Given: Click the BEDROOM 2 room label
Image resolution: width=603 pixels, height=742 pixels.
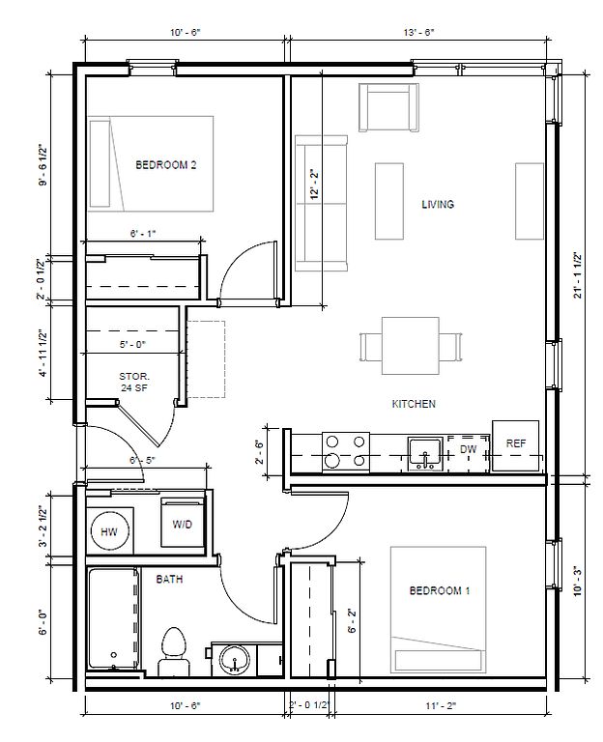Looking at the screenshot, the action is coord(165,165).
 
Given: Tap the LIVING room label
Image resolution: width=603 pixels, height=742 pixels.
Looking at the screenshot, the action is coord(438,205).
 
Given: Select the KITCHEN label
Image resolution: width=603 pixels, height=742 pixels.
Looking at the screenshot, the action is coord(414,404).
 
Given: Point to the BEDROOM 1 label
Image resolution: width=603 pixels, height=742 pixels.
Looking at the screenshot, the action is coord(440,590).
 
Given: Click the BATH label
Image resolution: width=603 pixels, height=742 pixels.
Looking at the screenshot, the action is coord(169,580).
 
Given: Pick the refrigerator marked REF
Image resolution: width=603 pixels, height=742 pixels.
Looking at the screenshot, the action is coord(515,445).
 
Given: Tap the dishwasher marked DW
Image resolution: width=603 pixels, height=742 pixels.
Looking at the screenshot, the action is coord(468,453).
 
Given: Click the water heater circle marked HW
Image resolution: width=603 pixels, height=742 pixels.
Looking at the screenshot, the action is coord(109,531).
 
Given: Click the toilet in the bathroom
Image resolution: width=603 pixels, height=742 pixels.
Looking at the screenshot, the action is coord(174,651).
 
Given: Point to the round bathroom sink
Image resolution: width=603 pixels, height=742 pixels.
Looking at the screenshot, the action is coord(235,659).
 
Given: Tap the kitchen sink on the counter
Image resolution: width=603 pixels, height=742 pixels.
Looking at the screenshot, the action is coord(425,454).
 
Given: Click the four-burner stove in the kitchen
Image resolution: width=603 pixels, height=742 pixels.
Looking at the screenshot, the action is coord(346,451).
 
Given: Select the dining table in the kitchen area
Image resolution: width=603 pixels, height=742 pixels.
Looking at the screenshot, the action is coord(411,346).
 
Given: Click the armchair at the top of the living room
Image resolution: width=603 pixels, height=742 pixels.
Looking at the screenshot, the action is coord(388,107).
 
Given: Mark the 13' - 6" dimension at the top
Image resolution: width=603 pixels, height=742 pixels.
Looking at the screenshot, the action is coord(418,32).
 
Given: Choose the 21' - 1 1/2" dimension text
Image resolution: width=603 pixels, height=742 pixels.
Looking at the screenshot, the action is coord(578,275).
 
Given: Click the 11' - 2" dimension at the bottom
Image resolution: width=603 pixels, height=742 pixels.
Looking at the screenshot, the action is coord(441,706).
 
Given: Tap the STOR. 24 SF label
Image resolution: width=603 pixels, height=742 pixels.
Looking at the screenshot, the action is coord(134,383).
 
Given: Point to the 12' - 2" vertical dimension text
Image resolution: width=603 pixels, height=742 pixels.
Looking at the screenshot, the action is coord(315,185).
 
